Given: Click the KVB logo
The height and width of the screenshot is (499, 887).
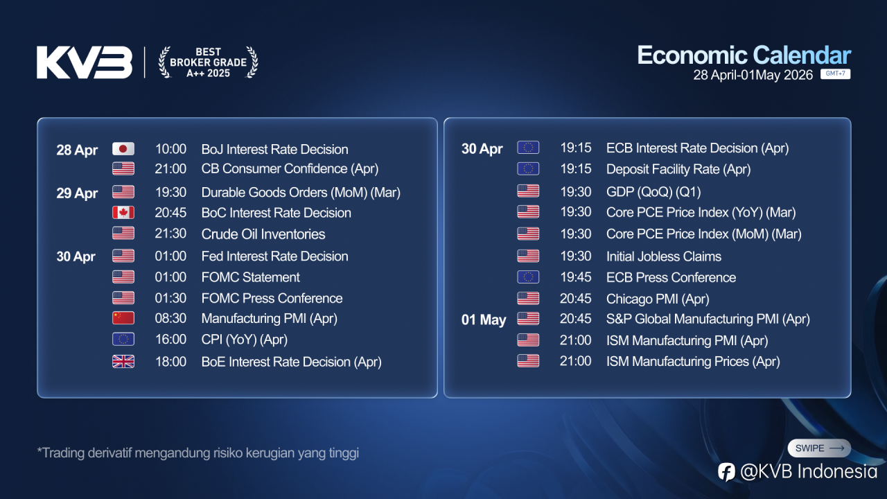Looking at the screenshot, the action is pyautogui.click(x=85, y=62).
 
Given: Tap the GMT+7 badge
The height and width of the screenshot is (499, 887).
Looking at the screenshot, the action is pyautogui.click(x=835, y=73).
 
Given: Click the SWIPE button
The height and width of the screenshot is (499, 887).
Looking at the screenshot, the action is pyautogui.click(x=819, y=448).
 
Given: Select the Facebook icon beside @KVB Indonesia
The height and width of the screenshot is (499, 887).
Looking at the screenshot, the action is pyautogui.click(x=726, y=472).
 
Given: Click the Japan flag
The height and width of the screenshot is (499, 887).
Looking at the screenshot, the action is pyautogui.click(x=123, y=149).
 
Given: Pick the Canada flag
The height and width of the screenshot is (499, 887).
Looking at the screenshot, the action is pyautogui.click(x=123, y=213).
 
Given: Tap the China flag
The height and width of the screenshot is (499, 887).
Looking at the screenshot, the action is pyautogui.click(x=123, y=318).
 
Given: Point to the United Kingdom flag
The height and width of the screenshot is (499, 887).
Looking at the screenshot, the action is pyautogui.click(x=123, y=362).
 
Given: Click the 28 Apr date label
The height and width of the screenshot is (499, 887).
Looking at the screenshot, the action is pyautogui.click(x=77, y=150).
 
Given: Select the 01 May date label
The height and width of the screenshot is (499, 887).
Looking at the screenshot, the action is pyautogui.click(x=484, y=319).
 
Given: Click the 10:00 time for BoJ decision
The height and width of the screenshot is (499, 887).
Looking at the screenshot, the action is pyautogui.click(x=170, y=149).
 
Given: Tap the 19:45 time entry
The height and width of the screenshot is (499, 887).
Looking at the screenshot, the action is pyautogui.click(x=575, y=277).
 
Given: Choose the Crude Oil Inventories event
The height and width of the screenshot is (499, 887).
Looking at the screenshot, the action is pyautogui.click(x=263, y=234).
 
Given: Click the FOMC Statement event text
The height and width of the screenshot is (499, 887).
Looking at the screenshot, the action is pyautogui.click(x=250, y=277).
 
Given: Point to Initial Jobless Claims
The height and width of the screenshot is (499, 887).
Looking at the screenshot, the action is pyautogui.click(x=664, y=256).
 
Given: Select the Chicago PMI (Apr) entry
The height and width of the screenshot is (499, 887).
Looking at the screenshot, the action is pyautogui.click(x=658, y=299).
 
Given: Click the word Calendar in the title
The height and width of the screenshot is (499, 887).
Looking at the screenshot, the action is pyautogui.click(x=802, y=55).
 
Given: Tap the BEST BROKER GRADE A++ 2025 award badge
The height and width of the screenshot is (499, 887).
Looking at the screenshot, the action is pyautogui.click(x=209, y=62).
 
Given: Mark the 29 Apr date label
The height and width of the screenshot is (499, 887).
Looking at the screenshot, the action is pyautogui.click(x=77, y=193).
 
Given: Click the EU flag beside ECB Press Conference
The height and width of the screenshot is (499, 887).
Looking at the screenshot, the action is pyautogui.click(x=528, y=277).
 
